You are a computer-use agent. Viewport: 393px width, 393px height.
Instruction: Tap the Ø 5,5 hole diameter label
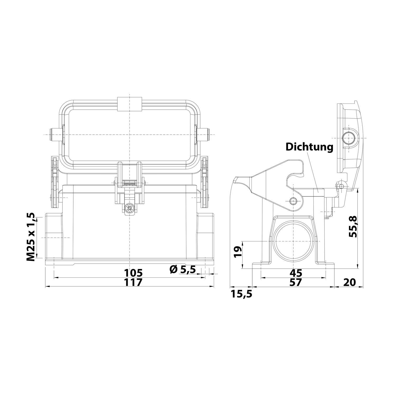183,269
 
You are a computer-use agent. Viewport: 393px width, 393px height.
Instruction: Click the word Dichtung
309,147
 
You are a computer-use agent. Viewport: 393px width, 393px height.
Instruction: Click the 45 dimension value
296,273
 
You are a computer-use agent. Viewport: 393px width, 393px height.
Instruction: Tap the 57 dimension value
296,282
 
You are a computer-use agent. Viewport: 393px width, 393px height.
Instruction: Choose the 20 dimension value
349,282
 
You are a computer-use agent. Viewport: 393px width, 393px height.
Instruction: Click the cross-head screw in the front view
129,209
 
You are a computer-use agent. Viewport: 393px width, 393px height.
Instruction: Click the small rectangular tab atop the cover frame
129,104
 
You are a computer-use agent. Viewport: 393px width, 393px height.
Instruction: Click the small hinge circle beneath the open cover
341,186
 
